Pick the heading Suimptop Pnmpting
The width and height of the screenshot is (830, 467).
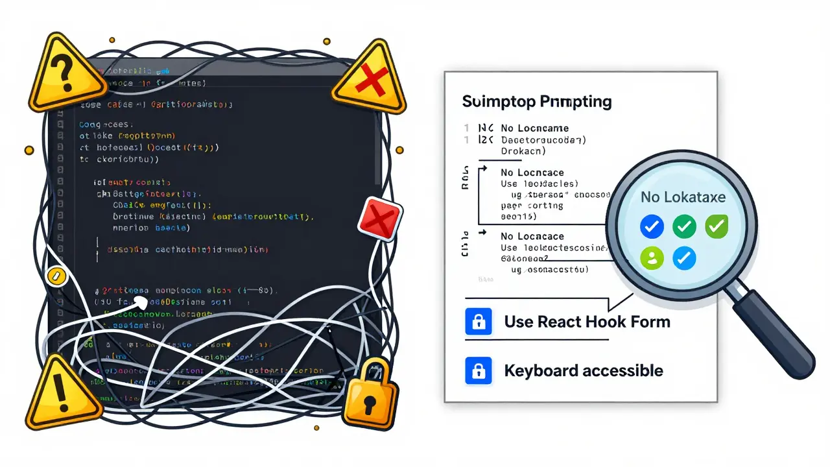[x=537, y=102]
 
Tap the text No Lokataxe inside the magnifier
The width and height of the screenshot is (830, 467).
[x=683, y=197]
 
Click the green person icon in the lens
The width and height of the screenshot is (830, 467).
[x=652, y=258]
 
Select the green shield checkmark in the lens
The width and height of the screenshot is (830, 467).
[x=715, y=226]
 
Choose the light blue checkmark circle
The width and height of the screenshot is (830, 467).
[x=684, y=258]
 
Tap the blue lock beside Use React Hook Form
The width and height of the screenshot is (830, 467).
[x=479, y=322]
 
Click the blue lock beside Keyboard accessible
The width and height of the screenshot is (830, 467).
[x=479, y=371]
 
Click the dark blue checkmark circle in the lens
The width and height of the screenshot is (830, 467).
[x=652, y=226]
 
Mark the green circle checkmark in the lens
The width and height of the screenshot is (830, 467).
[x=684, y=226]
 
